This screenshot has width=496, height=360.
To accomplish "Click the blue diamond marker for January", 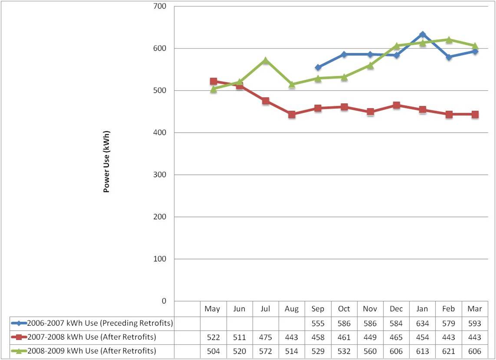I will [422, 34].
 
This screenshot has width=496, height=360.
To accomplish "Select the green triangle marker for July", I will [266, 60].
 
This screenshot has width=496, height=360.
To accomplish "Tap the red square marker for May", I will [213, 81].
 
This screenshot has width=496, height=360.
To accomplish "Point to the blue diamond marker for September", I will [318, 67].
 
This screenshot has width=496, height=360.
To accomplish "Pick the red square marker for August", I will [292, 115].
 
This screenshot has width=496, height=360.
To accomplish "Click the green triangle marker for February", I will [449, 39].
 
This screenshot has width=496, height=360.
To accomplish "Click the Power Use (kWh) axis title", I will [106, 161].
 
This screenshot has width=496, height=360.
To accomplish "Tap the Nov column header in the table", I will [370, 309].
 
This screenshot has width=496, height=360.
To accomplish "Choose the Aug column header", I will [292, 309].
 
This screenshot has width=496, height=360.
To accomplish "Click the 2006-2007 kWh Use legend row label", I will [100, 323].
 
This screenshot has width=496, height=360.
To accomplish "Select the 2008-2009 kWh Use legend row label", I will [91, 351].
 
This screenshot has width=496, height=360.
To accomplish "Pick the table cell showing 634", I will [422, 323].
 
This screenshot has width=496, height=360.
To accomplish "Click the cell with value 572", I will [266, 351].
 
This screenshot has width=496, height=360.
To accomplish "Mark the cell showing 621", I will [449, 351].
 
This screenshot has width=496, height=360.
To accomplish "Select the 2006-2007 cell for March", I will [475, 323].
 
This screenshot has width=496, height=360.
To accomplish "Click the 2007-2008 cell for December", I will [396, 337].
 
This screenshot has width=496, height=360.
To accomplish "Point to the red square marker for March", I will [475, 115].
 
